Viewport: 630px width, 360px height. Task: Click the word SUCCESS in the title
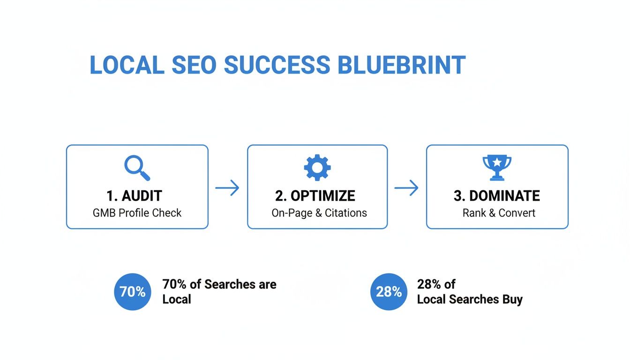(277, 65)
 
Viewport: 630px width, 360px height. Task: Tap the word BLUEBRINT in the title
(402, 65)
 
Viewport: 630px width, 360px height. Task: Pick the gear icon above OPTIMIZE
(317, 167)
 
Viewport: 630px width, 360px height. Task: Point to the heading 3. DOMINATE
(497, 195)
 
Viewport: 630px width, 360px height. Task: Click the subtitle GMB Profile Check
(137, 213)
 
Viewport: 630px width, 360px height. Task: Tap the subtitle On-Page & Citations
(319, 213)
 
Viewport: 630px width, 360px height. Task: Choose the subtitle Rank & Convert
(499, 213)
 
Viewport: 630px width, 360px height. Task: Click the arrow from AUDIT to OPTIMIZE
(227, 188)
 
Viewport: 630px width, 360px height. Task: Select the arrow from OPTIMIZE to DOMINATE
(406, 188)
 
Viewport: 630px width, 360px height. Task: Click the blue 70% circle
(133, 292)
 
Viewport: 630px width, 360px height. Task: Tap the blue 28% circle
(389, 292)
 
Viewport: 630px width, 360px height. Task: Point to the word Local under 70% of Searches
(177, 300)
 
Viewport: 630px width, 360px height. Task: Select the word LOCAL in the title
(127, 65)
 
